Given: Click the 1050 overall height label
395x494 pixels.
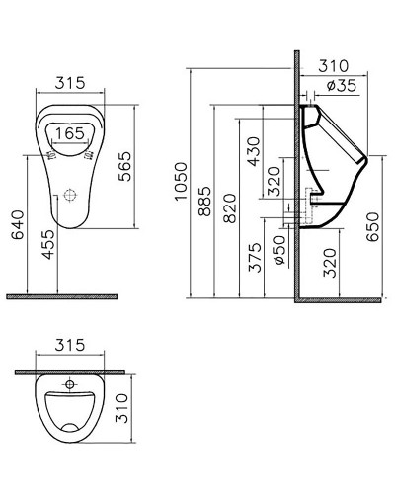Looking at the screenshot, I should pos(180,183).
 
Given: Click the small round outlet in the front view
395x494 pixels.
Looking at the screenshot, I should pos(69,196).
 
